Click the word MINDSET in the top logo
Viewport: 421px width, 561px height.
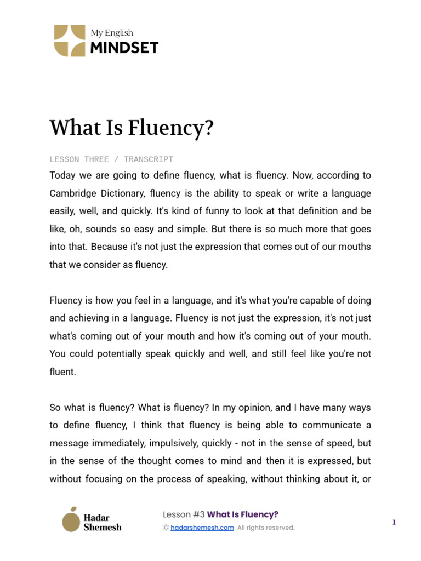click(124, 48)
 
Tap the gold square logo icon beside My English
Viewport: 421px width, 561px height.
click(70, 41)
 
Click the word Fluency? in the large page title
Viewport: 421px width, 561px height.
click(170, 128)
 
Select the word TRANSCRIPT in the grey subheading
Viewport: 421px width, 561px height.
click(149, 159)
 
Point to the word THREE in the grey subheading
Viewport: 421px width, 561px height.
click(96, 159)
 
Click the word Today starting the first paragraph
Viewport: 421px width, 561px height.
click(62, 175)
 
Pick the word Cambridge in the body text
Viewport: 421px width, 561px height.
click(72, 193)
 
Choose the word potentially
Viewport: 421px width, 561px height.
click(115, 353)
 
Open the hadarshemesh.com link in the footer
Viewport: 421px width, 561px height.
click(202, 528)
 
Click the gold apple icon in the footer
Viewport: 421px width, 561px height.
click(70, 519)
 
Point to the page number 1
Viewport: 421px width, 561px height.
click(394, 523)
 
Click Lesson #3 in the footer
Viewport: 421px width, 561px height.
click(184, 514)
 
